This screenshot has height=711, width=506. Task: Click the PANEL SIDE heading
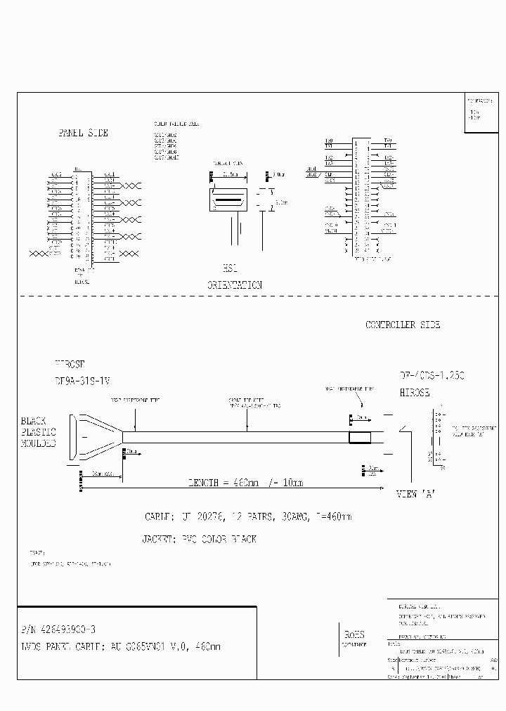tap(82, 133)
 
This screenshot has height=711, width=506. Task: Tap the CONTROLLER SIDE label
tap(403, 325)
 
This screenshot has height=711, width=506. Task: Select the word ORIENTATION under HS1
tap(234, 285)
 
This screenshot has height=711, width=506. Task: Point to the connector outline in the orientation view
tap(228, 200)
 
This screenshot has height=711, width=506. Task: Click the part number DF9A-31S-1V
tap(82, 380)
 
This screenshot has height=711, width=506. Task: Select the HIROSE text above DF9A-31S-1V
tap(70, 365)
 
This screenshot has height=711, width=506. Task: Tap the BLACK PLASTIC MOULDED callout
tap(38, 432)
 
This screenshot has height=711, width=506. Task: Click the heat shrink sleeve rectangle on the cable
tap(360, 437)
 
